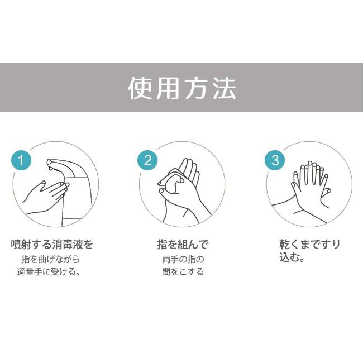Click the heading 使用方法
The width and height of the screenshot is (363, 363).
coord(181,88)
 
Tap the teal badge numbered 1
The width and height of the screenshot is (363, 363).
coord(21,161)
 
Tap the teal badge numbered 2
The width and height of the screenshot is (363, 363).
coord(147,161)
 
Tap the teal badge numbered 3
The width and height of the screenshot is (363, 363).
coord(274,161)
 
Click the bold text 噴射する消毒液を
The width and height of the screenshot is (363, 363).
coord(52,245)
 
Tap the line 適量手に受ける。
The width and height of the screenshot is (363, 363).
coord(52,273)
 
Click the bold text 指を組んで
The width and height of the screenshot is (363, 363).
coord(182,245)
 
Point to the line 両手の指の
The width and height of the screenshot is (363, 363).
coord(182,259)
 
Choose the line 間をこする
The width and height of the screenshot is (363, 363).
coord(182,273)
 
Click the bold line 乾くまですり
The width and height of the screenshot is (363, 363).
coord(309,245)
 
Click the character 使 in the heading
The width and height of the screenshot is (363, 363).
coord(140,88)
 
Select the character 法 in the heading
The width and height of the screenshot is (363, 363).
coord(223,88)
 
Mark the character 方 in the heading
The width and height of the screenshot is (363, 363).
coord(195,88)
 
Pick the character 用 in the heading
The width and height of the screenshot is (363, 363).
coord(168,88)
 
